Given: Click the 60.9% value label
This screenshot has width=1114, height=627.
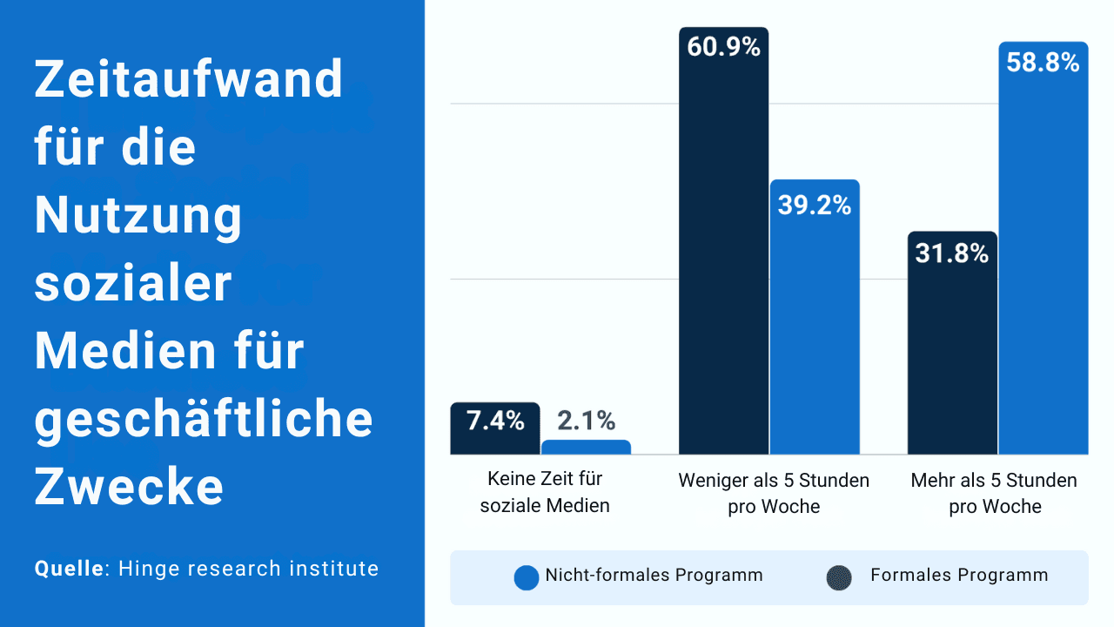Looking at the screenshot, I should (723, 48).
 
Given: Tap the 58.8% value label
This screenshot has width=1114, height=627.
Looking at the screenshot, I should (1043, 63).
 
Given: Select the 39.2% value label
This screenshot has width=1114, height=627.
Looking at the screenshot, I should (815, 206).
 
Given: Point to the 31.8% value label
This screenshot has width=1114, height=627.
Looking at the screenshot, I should (951, 254).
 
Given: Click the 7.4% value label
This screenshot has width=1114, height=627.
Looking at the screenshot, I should (495, 421).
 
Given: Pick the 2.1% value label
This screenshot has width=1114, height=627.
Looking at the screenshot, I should (586, 421).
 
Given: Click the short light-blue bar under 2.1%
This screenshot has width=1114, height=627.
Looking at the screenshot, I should (586, 447).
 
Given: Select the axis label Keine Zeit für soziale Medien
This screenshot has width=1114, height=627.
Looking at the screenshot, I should (545, 492).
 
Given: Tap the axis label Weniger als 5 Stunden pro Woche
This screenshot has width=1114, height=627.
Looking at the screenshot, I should (774, 493).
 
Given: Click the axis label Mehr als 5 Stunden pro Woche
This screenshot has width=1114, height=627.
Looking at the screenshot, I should (994, 493).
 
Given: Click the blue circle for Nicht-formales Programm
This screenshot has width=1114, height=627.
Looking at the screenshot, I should (527, 578).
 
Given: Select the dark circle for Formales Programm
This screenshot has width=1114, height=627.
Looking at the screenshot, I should (839, 578).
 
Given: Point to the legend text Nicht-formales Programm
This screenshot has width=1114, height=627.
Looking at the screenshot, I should (654, 575).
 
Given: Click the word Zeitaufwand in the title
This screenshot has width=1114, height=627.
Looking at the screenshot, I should (189, 80).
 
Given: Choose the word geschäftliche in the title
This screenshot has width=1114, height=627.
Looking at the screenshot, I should (204, 420).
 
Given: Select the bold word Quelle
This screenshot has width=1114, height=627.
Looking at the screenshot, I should (69, 569).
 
